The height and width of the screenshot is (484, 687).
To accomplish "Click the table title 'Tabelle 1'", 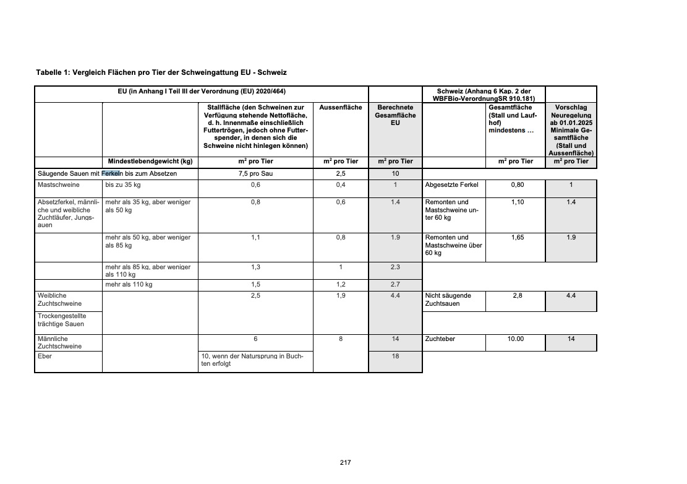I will click(x=161, y=72).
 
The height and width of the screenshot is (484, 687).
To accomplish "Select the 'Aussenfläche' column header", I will click(x=341, y=108).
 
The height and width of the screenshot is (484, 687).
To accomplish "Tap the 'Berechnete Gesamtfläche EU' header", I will click(x=395, y=115).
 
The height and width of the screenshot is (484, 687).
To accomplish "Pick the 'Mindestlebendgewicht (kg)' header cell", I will click(x=150, y=162).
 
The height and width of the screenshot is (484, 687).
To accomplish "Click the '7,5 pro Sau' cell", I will click(x=255, y=173).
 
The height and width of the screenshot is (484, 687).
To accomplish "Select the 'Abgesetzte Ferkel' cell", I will click(x=450, y=184).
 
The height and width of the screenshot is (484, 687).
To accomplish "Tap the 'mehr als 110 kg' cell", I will click(x=129, y=285).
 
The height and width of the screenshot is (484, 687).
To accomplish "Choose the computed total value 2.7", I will click(x=395, y=285).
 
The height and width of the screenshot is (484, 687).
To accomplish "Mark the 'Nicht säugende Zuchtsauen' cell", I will click(x=448, y=300).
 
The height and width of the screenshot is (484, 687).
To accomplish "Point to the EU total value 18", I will click(x=395, y=357).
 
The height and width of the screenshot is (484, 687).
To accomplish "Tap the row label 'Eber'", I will click(x=45, y=357).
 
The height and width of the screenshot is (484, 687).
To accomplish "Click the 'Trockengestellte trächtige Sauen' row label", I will click(x=61, y=320).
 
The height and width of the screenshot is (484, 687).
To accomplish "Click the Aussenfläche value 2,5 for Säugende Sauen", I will click(x=341, y=173).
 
